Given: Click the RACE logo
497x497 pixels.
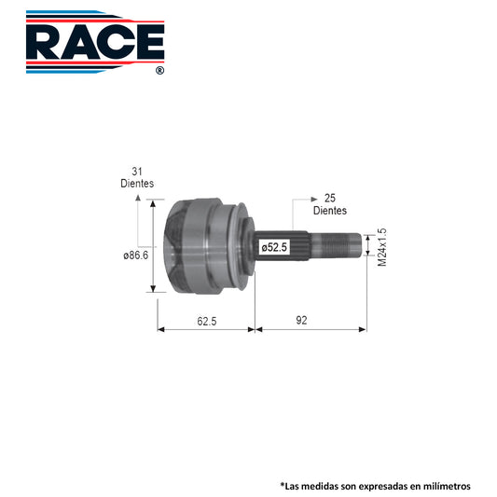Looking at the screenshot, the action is pos(95,42).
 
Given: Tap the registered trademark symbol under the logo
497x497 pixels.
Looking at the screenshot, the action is pos(160,70).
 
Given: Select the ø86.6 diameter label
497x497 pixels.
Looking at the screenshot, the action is pos(136,255).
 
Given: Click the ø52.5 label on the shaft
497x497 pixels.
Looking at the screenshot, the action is pos(274,247).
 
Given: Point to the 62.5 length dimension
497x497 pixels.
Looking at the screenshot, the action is pos(207,322).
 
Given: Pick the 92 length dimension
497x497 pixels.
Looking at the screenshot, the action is pos(301,321).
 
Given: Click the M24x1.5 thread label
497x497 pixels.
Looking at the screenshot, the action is pos(382,247).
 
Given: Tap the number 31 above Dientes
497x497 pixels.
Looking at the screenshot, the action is pos(137,172).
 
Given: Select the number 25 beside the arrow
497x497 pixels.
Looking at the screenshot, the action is pos(330,198).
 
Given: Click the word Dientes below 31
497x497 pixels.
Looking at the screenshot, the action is pos(137,183).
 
